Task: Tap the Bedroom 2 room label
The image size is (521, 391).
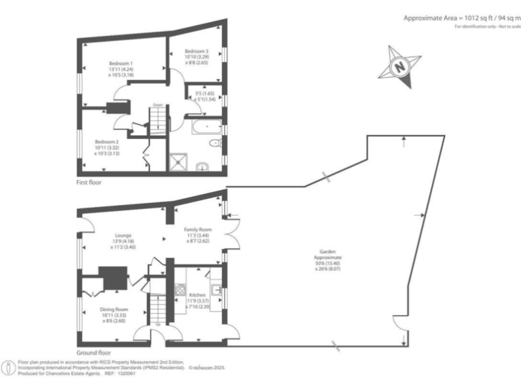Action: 107,142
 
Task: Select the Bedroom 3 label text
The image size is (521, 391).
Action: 197,51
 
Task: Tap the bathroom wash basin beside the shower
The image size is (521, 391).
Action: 201,166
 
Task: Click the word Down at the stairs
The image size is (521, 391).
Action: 157,105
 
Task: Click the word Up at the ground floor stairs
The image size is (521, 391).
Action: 159,323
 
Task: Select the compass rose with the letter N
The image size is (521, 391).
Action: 400,67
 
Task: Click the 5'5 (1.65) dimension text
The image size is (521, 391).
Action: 204,93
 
